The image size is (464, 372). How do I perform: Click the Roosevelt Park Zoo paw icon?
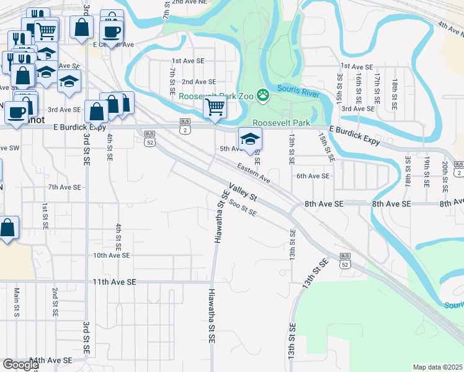point(264,95)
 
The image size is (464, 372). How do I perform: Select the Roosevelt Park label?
point(280,123)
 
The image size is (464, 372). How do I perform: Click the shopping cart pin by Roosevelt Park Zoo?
point(215,107)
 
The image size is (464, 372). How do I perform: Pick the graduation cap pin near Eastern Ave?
point(250,139)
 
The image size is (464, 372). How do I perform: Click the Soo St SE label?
point(243,207)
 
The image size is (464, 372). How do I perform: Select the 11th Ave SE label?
point(114,281)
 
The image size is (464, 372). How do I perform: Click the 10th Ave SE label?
point(111,255)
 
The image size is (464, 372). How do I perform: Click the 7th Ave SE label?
point(65,187)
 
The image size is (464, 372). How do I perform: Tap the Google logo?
point(20,365)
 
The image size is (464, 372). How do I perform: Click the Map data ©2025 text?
point(437,367)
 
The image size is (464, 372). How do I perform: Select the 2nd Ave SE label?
point(199,81)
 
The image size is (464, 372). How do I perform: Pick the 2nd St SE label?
point(55,301)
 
